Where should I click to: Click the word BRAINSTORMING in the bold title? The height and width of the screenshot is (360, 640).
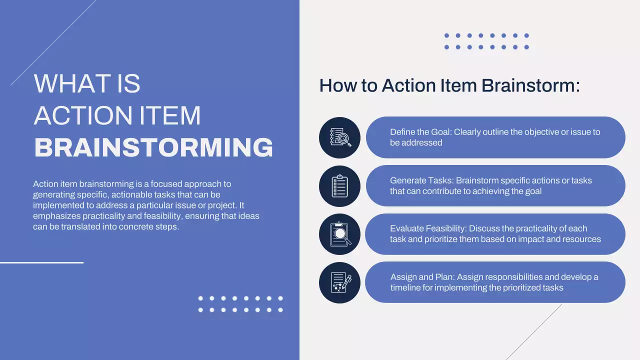tap(153, 147)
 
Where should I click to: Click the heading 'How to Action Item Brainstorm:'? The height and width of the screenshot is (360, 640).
tap(449, 85)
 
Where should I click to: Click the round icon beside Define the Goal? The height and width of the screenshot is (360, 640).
tap(339, 137)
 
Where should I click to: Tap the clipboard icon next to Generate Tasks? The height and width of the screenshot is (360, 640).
tap(339, 186)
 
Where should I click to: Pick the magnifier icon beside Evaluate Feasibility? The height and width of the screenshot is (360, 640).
tap(339, 234)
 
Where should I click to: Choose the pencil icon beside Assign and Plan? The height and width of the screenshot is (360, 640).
tap(339, 282)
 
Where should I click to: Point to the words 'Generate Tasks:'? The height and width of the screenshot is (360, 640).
tap(421, 180)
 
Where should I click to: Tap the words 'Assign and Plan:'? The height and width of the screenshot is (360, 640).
tap(422, 277)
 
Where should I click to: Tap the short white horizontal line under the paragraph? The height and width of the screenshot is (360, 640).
tap(41, 262)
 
